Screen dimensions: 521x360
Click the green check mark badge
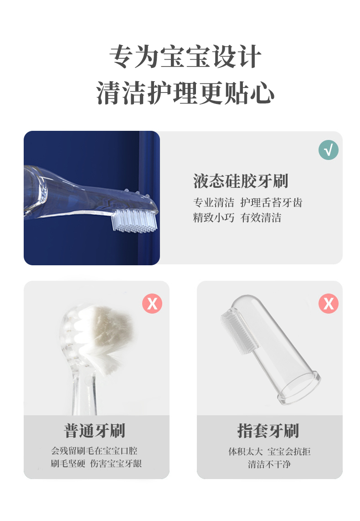329,150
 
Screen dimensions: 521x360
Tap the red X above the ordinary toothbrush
152,303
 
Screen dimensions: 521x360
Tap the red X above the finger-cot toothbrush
329,303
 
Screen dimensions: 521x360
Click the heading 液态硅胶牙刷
241,181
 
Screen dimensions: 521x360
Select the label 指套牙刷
268,430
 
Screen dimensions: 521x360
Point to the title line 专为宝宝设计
185,57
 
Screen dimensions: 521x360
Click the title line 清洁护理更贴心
185,93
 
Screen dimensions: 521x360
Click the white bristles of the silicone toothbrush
134,221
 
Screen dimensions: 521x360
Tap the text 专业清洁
214,203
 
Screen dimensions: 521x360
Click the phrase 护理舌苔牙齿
271,203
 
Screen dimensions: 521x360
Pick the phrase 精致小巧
214,218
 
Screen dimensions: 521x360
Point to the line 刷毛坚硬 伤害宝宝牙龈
96,464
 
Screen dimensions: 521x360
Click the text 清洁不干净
269,464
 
